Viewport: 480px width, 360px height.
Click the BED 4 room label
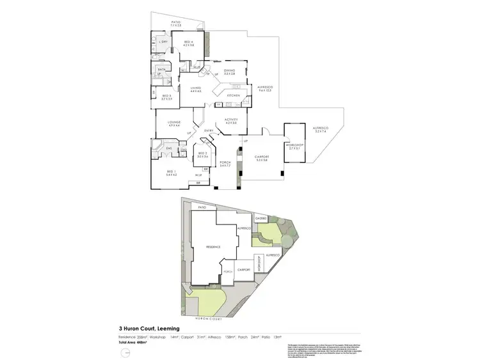tap(188, 42)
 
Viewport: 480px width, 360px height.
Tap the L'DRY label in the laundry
tap(164, 42)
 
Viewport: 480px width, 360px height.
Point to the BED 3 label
tap(166, 97)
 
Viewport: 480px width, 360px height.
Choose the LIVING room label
tap(195, 88)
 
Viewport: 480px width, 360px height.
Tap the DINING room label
tap(229, 71)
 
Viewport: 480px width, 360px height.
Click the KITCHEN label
tap(233, 95)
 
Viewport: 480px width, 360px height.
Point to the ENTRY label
tap(208, 131)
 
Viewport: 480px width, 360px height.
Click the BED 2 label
tap(202, 153)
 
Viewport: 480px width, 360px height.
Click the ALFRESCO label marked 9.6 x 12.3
tap(265, 86)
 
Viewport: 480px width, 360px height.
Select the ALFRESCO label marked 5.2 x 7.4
tap(320, 128)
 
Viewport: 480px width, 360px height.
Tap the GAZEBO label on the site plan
tap(261, 219)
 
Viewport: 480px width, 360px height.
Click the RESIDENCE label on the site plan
tap(213, 246)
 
